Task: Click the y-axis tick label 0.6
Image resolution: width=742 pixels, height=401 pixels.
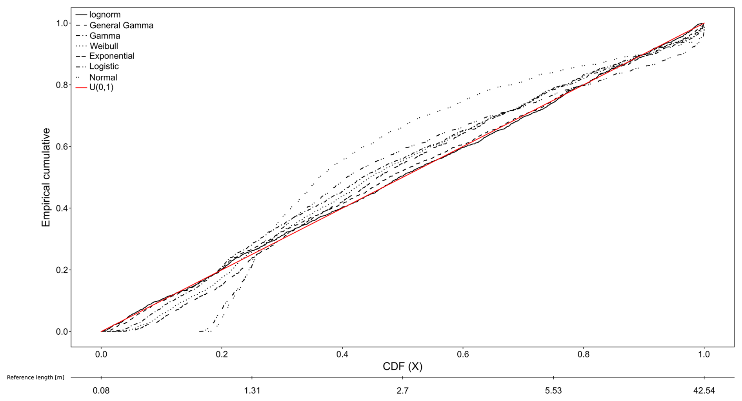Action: click(61, 147)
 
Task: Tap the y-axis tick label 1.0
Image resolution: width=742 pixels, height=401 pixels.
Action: click(61, 23)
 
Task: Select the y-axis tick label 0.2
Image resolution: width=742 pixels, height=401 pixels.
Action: click(61, 270)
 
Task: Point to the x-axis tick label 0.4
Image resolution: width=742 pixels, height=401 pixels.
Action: click(342, 354)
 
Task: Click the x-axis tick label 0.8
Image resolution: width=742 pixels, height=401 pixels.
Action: click(584, 354)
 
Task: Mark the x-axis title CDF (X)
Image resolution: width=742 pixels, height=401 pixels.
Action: click(402, 366)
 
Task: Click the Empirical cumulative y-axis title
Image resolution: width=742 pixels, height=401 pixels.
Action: click(46, 177)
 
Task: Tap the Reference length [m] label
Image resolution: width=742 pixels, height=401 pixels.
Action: click(36, 377)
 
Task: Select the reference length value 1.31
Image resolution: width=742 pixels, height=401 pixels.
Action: click(252, 391)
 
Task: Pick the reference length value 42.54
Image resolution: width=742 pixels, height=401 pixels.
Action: click(704, 391)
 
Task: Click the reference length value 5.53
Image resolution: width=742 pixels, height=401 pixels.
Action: click(553, 391)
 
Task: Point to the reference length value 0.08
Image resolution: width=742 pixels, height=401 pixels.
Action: click(101, 391)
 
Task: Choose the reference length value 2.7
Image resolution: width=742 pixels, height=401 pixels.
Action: click(402, 391)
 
